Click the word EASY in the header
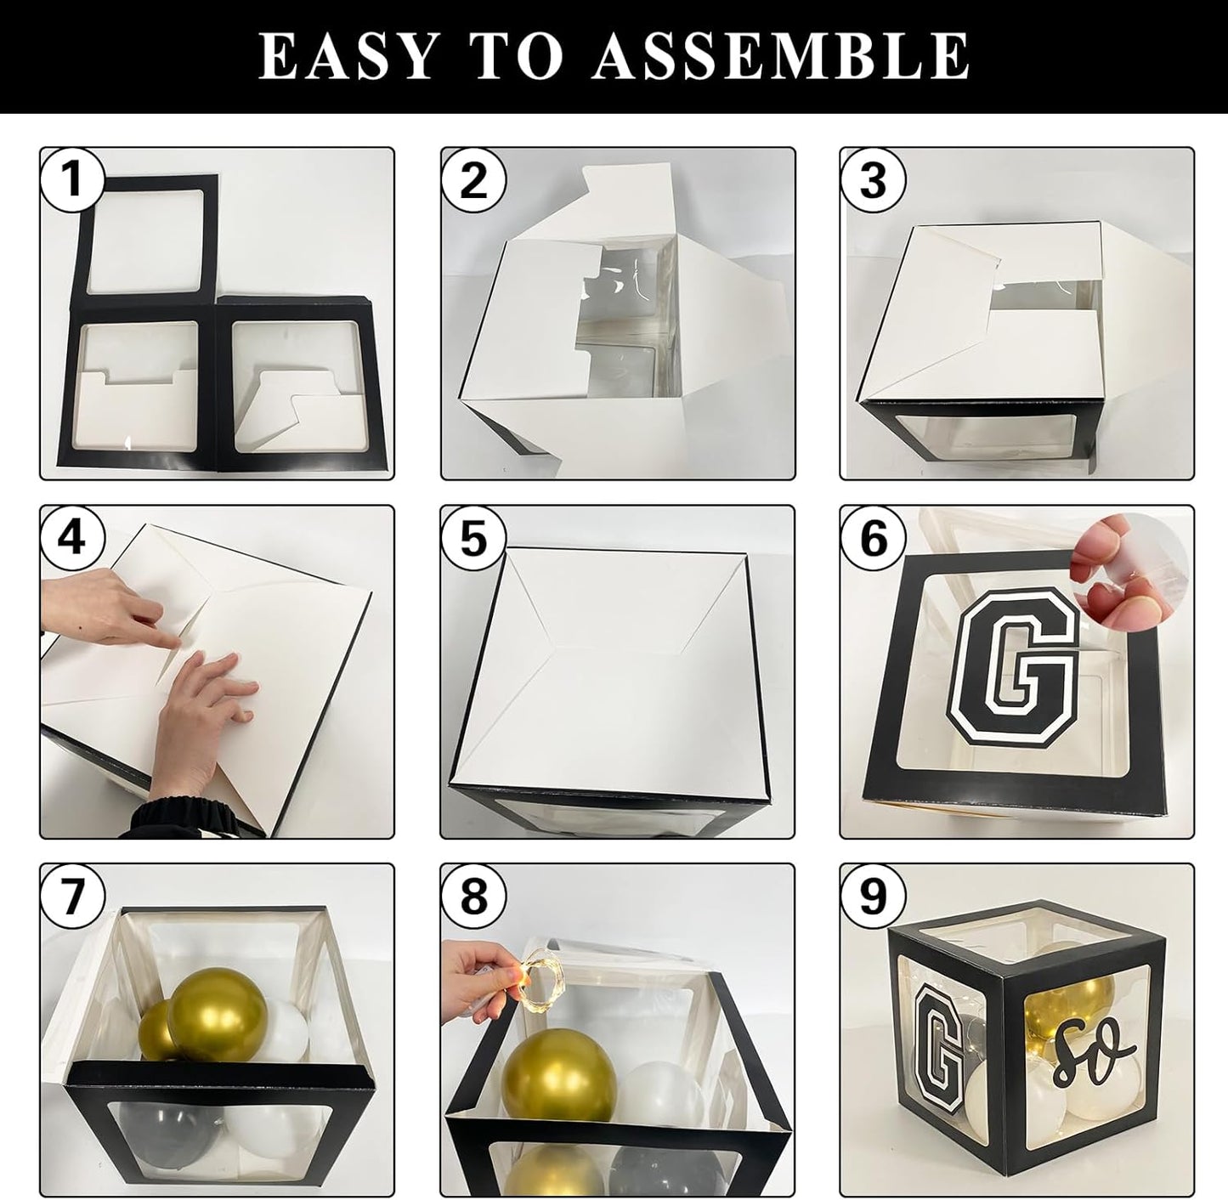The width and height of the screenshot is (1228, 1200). (x=348, y=56)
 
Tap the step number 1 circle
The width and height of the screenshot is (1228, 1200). (x=72, y=180)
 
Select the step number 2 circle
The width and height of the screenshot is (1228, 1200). (x=473, y=180)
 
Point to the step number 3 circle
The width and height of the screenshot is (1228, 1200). (x=873, y=180)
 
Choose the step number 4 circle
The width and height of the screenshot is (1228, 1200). (x=72, y=538)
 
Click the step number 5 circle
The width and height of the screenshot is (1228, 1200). (x=473, y=538)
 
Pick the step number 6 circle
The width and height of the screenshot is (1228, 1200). (x=873, y=538)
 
